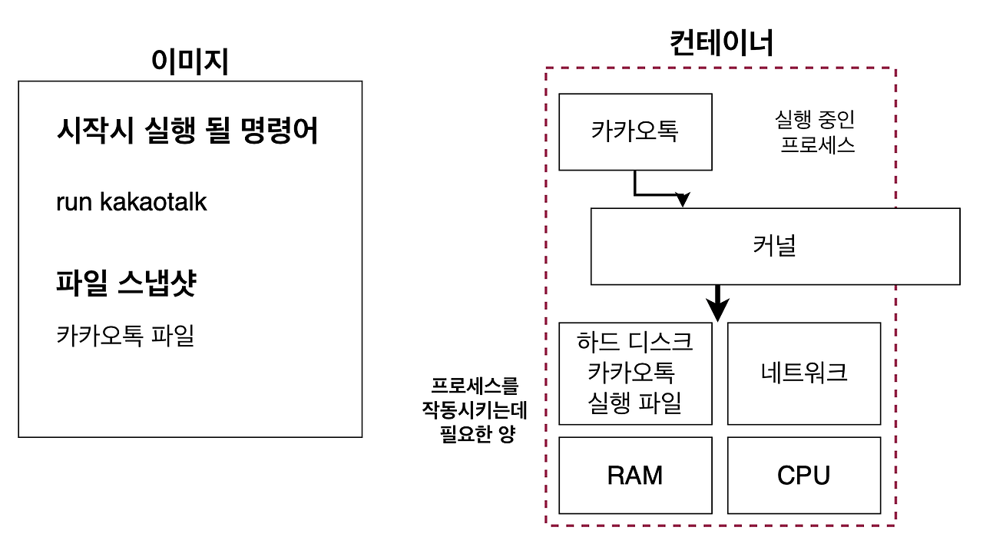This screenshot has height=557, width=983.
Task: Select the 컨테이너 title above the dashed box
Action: coord(721,44)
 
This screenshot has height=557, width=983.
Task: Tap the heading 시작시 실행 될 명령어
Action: coord(187,131)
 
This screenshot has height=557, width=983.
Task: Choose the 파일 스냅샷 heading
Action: coord(127,283)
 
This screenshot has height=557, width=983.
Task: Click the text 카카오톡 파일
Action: coord(125,336)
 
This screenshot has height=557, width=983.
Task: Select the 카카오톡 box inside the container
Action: coord(635,131)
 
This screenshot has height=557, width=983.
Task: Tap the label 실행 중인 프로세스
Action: coord(816,131)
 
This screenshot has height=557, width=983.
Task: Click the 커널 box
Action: coord(775,247)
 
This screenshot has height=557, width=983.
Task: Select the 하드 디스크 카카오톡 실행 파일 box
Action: coord(635,373)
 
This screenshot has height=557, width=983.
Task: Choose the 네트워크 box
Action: coord(803,373)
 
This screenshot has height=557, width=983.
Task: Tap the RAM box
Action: coord(635,476)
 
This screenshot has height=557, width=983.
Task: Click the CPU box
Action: coord(803,476)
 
